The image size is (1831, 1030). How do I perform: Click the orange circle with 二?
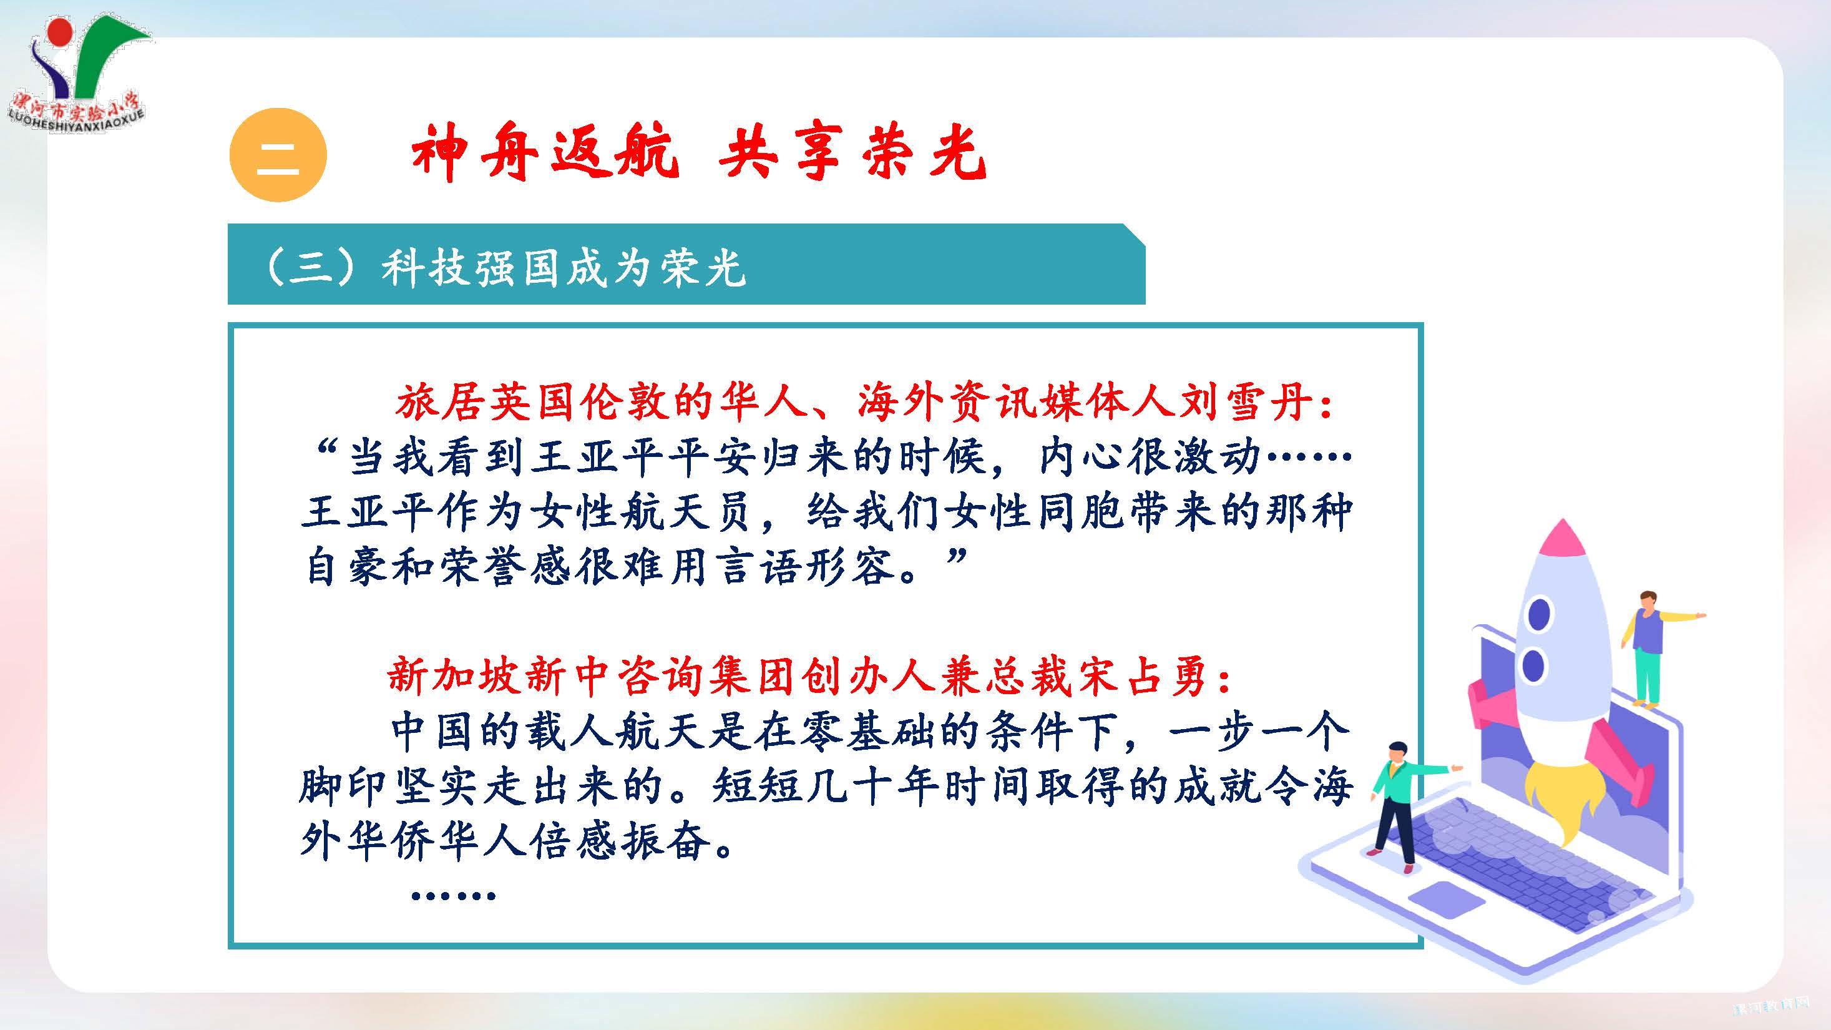click(278, 155)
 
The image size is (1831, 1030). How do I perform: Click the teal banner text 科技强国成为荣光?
click(564, 268)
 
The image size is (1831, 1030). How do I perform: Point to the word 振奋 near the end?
click(665, 841)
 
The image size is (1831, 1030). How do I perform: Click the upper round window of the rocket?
click(1540, 614)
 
